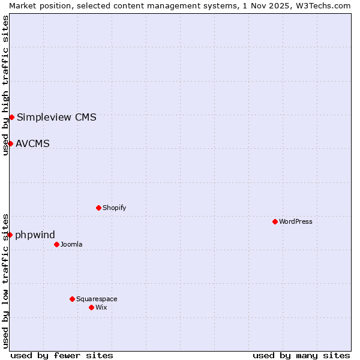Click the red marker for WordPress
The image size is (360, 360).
tap(275, 221)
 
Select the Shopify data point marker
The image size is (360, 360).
tap(98, 208)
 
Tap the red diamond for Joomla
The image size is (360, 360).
tap(56, 244)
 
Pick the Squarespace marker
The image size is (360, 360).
tap(72, 299)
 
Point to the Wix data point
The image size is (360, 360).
tap(91, 307)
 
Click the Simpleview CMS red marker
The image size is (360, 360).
tap(11, 117)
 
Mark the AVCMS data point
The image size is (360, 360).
tap(10, 143)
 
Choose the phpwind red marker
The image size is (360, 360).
tap(10, 235)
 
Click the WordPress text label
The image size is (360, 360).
tap(296, 221)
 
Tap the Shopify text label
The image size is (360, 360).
tap(114, 208)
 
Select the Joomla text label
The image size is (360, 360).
tap(71, 244)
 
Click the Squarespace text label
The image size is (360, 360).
tap(97, 299)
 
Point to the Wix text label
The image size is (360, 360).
tap(101, 307)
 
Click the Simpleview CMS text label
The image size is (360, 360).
tap(56, 117)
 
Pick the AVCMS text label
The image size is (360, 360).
tap(32, 143)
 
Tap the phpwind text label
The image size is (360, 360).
tap(35, 235)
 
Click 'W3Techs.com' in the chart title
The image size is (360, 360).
tap(328, 5)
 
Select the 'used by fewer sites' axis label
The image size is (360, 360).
tap(62, 355)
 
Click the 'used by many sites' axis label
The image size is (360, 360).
tap(301, 355)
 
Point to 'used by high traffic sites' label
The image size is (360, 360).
tap(6, 85)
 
